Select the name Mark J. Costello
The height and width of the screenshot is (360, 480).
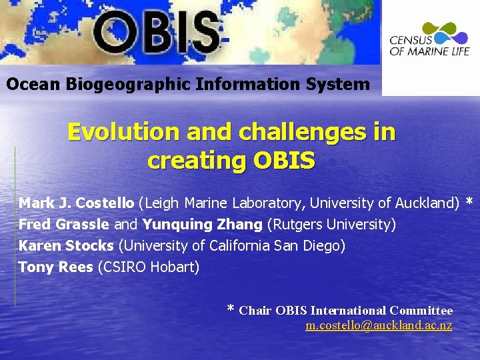[x=76, y=203]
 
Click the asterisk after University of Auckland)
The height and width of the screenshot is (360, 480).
[x=469, y=202]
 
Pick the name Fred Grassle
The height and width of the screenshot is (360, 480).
[x=63, y=225]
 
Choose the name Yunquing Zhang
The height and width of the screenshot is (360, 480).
[x=203, y=225]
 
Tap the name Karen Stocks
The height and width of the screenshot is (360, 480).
[x=66, y=246]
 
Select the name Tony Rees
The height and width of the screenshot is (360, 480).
[x=55, y=267]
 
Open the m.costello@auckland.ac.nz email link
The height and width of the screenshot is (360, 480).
[x=379, y=326]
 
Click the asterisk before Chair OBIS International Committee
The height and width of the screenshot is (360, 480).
[x=231, y=309]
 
